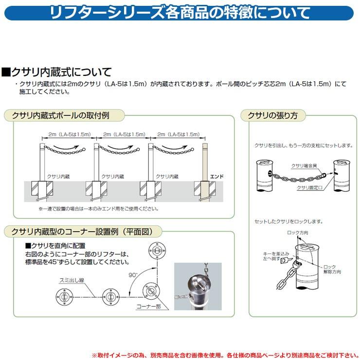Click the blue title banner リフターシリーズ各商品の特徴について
180,13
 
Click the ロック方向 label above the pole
297,233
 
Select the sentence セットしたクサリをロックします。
288,221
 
